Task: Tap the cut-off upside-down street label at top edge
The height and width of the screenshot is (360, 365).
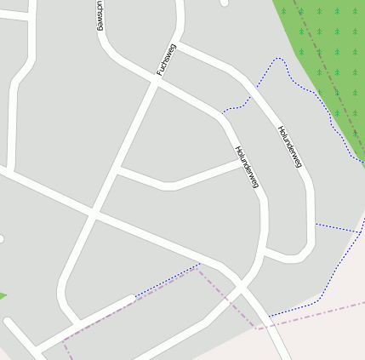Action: (101, 15)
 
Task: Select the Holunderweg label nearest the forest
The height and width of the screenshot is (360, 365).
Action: (289, 146)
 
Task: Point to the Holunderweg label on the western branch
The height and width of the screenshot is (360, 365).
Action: (246, 168)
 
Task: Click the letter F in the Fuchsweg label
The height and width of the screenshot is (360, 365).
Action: (159, 72)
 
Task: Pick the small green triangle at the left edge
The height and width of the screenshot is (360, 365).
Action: (3, 295)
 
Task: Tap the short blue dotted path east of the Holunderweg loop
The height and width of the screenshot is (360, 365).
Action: (339, 228)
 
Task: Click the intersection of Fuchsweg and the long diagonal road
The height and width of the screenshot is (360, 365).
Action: (94, 212)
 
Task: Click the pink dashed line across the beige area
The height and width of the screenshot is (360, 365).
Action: (315, 312)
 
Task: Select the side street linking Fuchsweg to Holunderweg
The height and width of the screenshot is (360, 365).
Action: (179, 179)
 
